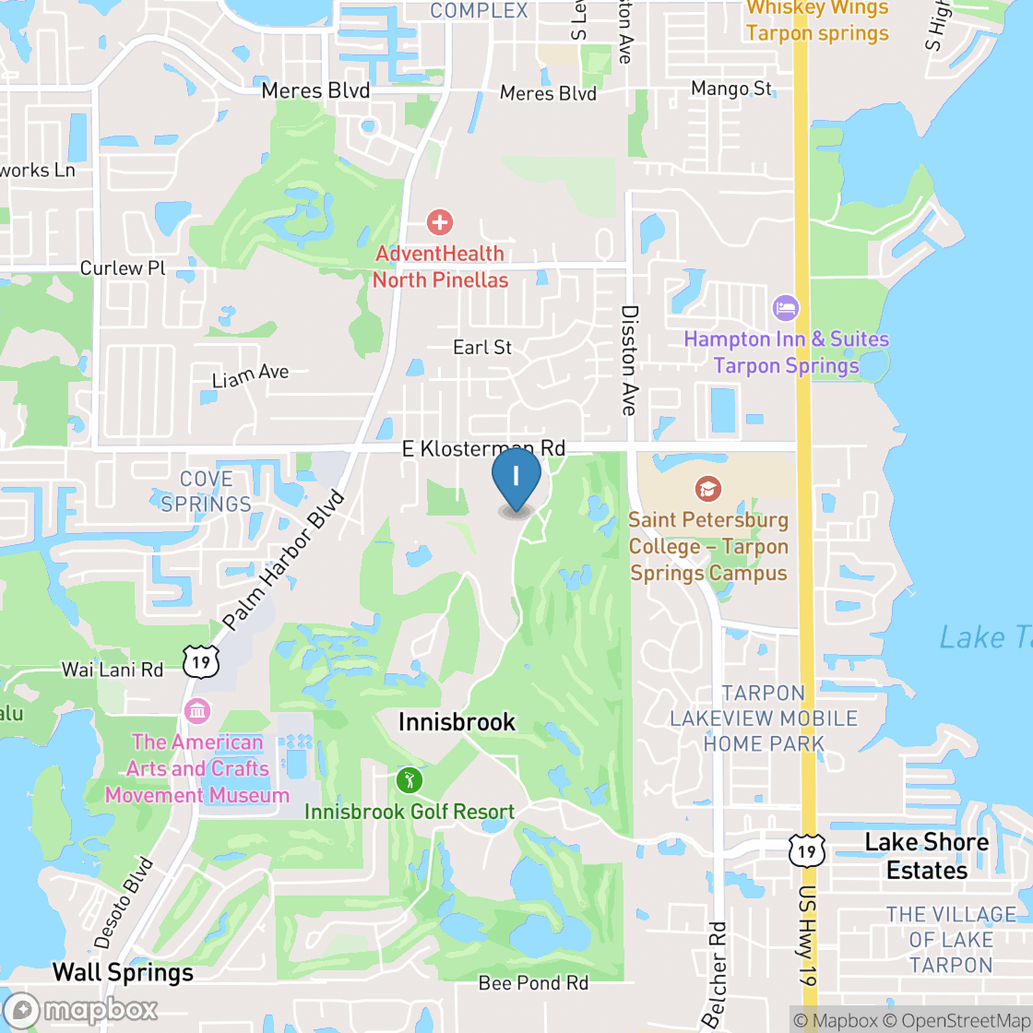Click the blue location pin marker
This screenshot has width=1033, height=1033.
(516, 479)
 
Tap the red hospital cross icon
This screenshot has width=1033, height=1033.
(440, 221)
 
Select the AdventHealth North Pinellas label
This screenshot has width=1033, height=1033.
(440, 267)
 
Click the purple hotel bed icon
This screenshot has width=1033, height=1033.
(786, 307)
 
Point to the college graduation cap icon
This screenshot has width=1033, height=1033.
(707, 488)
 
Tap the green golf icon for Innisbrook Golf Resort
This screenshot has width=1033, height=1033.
(410, 780)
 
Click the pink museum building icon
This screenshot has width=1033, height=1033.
(197, 711)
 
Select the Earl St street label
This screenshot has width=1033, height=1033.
(482, 348)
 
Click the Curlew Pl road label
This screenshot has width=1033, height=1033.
(123, 268)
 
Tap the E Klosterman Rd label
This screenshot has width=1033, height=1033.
(483, 448)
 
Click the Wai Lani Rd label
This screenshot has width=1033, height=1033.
(113, 670)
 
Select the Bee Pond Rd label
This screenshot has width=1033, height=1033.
(533, 983)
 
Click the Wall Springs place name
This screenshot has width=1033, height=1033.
(123, 972)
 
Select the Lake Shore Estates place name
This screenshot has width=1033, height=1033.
(926, 856)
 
